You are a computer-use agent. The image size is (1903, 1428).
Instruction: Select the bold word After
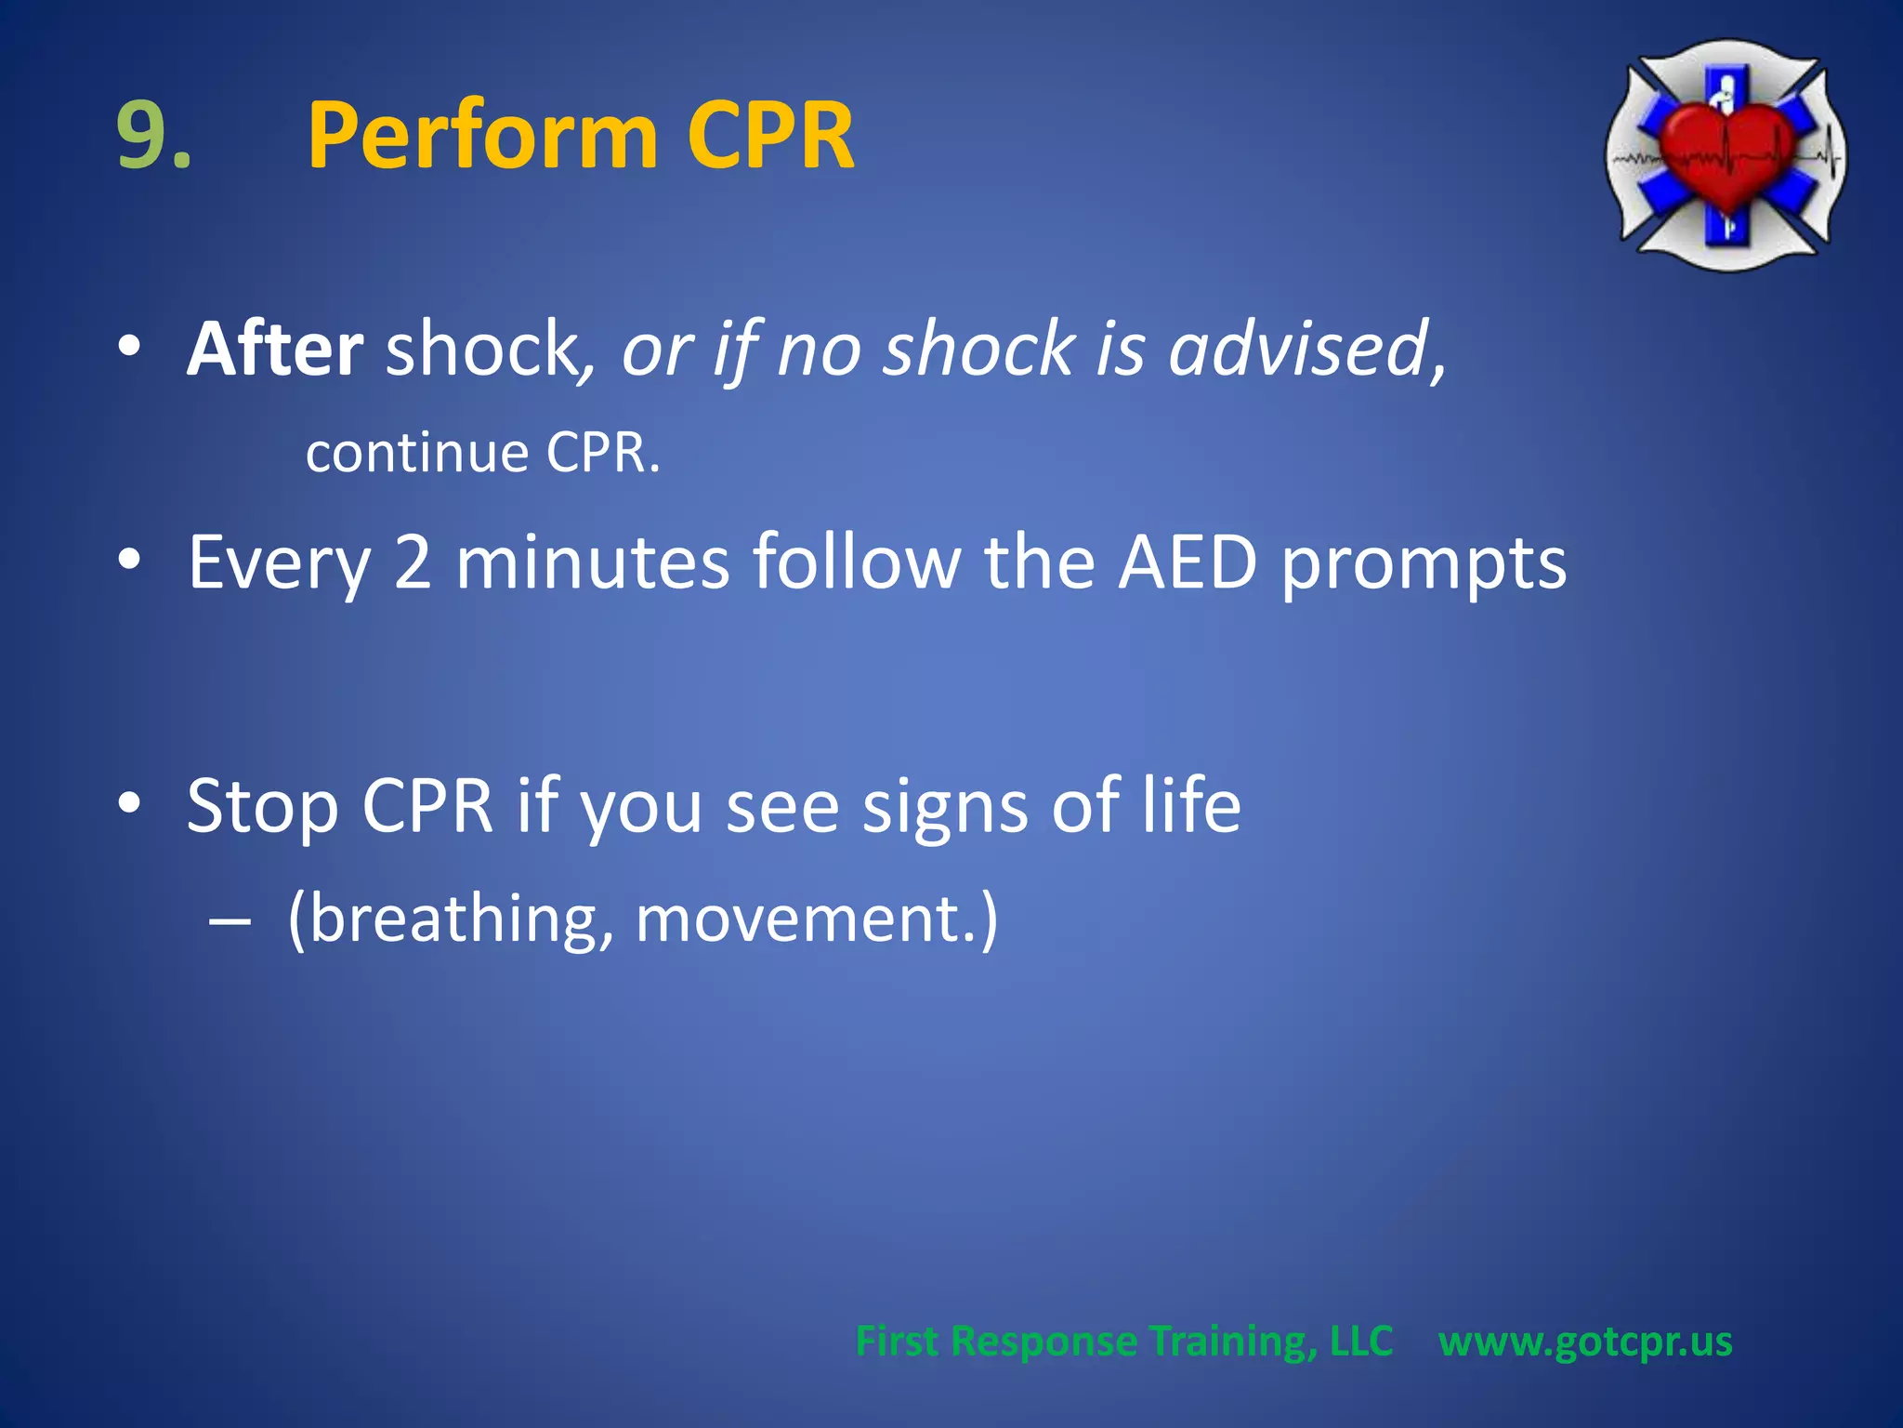click(275, 349)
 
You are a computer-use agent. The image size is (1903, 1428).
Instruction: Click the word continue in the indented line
click(417, 453)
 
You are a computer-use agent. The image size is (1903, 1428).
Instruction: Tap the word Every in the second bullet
click(279, 562)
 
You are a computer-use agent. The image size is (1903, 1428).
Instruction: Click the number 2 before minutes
click(413, 562)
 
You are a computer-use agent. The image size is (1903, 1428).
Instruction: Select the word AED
click(1187, 562)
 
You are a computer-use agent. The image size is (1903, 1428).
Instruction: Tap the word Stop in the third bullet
click(262, 806)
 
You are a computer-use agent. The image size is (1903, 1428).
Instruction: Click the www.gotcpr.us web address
click(1585, 1342)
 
